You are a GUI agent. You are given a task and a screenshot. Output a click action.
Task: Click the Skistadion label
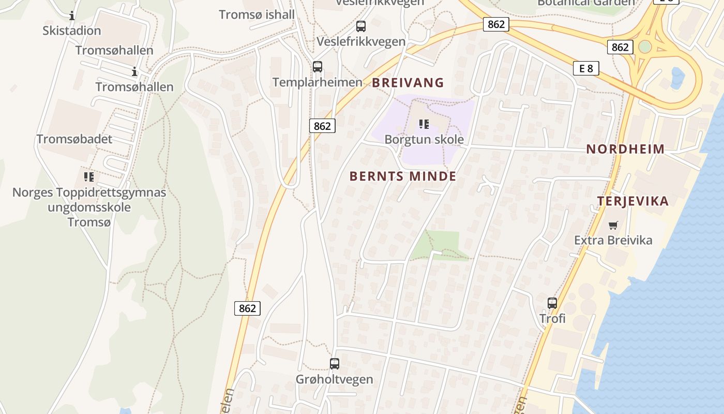(x=72, y=31)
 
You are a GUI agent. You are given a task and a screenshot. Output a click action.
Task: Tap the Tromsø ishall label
(x=257, y=14)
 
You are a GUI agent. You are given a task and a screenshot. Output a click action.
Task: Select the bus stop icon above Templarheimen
(x=318, y=67)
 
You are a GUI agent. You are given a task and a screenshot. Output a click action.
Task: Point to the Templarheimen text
(x=318, y=82)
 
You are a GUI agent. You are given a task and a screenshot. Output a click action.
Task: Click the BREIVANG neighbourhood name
(x=408, y=82)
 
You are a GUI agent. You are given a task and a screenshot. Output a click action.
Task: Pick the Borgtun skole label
(x=424, y=139)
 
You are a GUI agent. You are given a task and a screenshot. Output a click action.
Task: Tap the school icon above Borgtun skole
(x=424, y=124)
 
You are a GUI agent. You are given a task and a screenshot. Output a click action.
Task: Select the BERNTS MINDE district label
(x=403, y=176)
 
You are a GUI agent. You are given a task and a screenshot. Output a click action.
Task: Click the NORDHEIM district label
(x=625, y=149)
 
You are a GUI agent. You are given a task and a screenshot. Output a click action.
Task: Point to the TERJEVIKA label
(x=633, y=201)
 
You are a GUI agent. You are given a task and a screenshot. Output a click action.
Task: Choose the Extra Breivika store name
(x=613, y=240)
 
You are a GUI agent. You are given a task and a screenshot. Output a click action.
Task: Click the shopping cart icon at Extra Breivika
(x=613, y=225)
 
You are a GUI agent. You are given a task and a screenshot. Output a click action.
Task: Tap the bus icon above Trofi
(x=552, y=303)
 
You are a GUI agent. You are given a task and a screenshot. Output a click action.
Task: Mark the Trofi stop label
(x=552, y=318)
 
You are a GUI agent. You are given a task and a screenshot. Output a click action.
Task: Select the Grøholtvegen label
(x=334, y=379)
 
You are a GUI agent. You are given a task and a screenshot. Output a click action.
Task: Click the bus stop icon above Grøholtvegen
(x=335, y=364)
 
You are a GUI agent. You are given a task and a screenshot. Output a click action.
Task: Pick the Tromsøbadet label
(x=74, y=139)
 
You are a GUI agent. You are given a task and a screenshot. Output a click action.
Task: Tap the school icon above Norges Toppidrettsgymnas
(x=89, y=177)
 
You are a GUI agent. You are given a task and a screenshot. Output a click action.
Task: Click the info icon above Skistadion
(x=72, y=16)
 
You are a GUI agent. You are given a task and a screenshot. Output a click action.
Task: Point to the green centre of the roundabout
(x=644, y=47)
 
